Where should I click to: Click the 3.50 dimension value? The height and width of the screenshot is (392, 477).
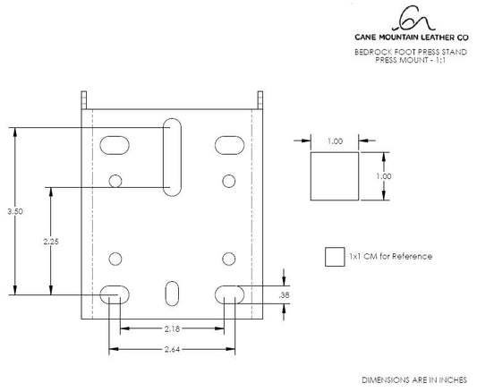[x=13, y=211]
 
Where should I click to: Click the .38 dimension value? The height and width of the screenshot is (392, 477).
[x=285, y=294]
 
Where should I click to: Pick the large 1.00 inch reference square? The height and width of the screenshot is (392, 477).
[x=335, y=176]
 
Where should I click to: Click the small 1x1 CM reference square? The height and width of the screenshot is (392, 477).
[x=334, y=257]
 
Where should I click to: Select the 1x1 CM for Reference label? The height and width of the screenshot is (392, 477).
[x=390, y=257]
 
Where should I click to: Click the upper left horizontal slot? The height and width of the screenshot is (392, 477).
[x=114, y=144]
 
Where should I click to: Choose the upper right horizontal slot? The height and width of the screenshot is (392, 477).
[x=229, y=144]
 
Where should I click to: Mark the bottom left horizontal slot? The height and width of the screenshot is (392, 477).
[x=113, y=292]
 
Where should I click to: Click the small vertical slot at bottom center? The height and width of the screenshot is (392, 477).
[x=171, y=292]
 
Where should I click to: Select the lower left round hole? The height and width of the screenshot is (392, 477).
[x=115, y=259]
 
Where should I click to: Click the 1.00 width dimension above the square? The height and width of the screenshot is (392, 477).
[x=335, y=141]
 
